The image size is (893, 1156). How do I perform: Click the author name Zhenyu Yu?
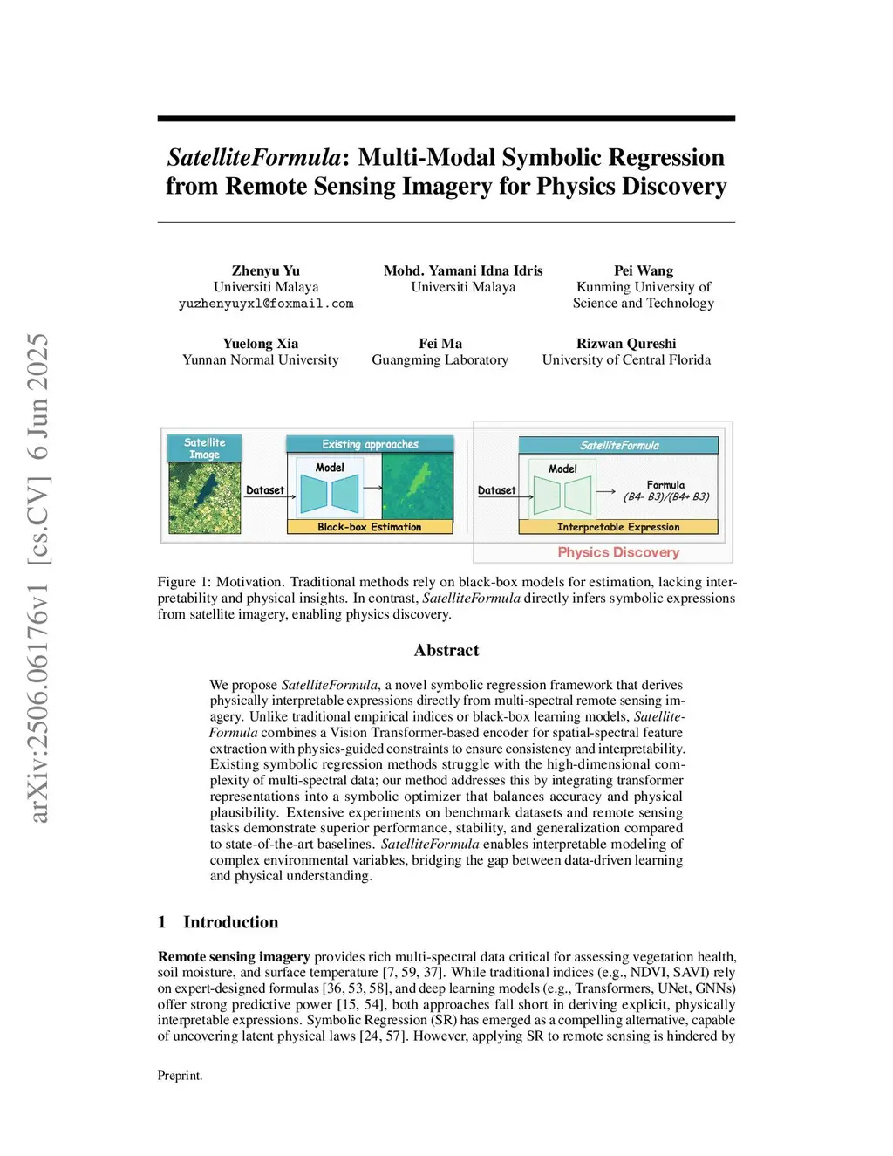[265, 270]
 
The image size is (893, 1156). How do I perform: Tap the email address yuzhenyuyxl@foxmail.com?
[266, 304]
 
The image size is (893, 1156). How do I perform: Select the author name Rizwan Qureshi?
[625, 344]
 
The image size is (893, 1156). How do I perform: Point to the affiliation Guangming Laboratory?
[440, 359]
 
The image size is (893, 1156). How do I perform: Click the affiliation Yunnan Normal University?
[260, 359]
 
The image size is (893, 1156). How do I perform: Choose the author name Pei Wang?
[643, 270]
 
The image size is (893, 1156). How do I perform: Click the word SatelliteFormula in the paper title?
[253, 157]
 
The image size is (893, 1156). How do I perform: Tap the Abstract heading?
[446, 650]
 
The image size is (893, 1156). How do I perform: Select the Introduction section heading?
[230, 922]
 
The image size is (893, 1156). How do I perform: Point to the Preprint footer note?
[180, 1076]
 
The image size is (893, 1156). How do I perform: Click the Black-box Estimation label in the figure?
[369, 527]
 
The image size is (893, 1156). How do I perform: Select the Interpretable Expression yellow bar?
[617, 527]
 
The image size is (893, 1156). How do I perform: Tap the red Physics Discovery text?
[617, 552]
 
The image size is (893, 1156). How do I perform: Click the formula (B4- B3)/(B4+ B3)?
[665, 496]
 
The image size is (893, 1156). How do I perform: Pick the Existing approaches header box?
[370, 444]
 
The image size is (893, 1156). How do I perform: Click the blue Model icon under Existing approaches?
[330, 494]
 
